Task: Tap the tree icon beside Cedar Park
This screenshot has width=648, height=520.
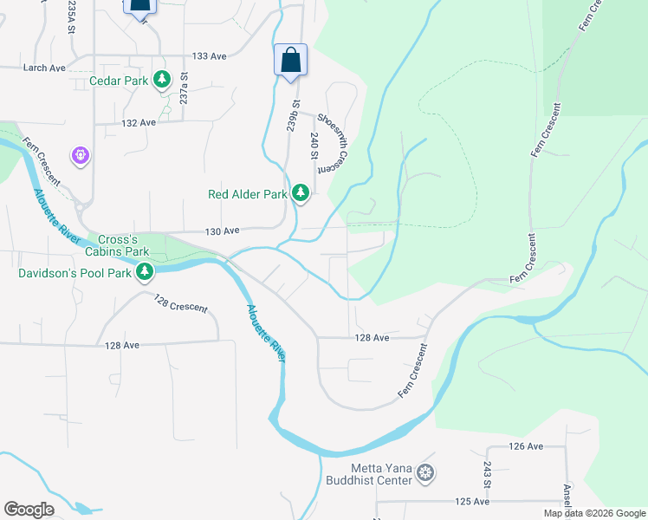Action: pyautogui.click(x=161, y=81)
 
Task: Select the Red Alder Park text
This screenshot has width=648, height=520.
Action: pyautogui.click(x=247, y=194)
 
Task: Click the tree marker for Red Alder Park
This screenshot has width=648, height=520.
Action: pyautogui.click(x=301, y=192)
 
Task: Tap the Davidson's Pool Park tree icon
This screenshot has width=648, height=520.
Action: pyautogui.click(x=145, y=273)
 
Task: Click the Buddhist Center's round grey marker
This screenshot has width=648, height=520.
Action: pyautogui.click(x=425, y=473)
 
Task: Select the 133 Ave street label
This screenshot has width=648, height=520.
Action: pyautogui.click(x=209, y=56)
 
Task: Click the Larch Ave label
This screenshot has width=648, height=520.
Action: pyautogui.click(x=45, y=68)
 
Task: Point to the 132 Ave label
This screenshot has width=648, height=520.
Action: pyautogui.click(x=138, y=123)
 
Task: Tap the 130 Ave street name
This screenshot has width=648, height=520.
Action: pyautogui.click(x=221, y=231)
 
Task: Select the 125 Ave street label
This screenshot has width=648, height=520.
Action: pyautogui.click(x=472, y=502)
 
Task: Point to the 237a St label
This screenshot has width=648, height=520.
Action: pyautogui.click(x=184, y=88)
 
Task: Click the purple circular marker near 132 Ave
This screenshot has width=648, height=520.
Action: pyautogui.click(x=81, y=155)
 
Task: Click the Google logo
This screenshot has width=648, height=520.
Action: pyautogui.click(x=29, y=510)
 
